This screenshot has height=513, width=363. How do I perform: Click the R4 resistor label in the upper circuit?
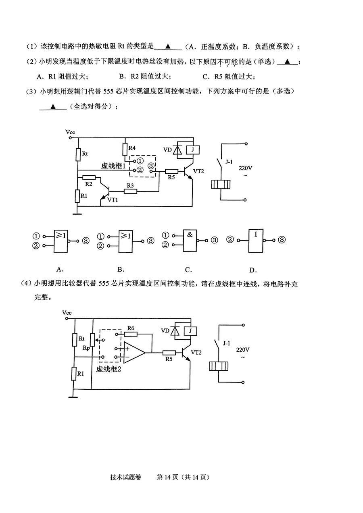point(132,148)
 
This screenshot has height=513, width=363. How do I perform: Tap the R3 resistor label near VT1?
point(130,185)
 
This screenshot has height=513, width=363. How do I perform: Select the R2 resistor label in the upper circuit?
point(88,184)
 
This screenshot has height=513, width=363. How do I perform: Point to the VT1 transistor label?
point(113,200)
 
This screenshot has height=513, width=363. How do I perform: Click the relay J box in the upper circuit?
point(192,150)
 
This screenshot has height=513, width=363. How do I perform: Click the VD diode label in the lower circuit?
point(165,331)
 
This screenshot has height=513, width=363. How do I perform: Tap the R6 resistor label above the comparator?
point(131,328)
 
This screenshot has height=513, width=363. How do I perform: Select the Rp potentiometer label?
point(86,348)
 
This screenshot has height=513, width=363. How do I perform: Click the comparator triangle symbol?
point(134,353)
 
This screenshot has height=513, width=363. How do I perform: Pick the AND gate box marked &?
point(190,241)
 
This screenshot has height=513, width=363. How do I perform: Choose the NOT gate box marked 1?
point(256,241)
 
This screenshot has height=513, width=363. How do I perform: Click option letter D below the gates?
point(253,270)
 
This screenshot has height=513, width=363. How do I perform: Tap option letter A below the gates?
point(60,269)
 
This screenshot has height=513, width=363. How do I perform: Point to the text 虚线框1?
point(113,166)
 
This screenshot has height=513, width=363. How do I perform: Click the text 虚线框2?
point(108,369)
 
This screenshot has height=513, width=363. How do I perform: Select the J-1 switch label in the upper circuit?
point(229,162)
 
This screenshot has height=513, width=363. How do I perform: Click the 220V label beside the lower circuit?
point(243,350)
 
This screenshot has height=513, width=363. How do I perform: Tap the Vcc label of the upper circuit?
point(70,132)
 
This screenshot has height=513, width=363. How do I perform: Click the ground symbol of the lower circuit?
point(73,397)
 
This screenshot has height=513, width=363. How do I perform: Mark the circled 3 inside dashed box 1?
point(151,166)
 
